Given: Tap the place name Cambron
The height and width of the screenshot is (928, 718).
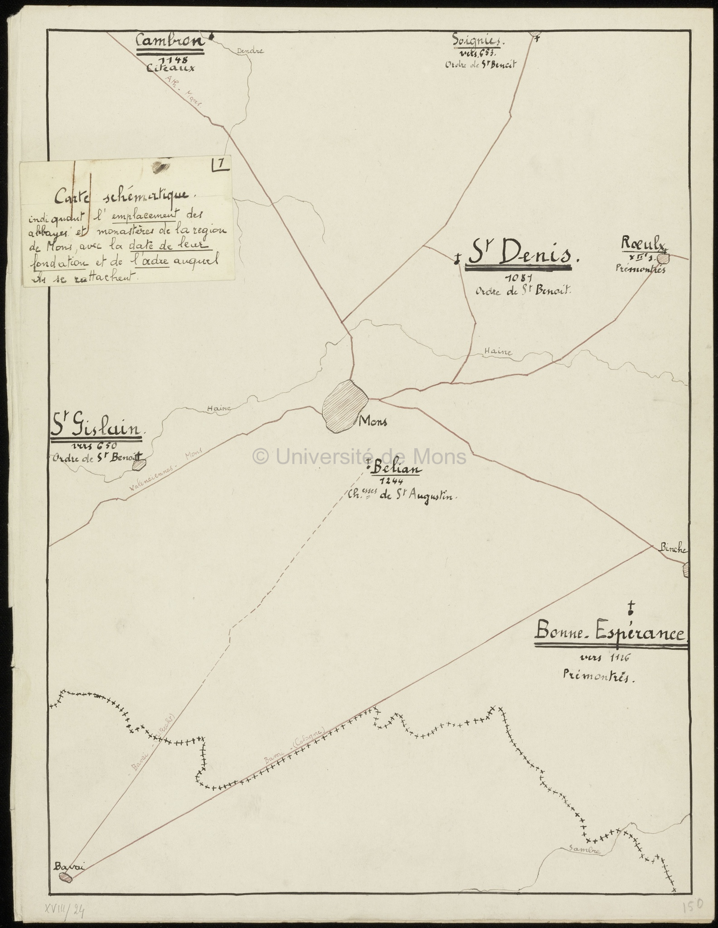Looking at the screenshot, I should (x=170, y=42).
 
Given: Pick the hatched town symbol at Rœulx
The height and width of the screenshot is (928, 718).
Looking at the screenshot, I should (x=663, y=258).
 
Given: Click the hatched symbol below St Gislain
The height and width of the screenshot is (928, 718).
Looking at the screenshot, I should (x=139, y=464).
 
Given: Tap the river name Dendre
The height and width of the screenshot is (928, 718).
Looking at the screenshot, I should (x=250, y=51).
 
